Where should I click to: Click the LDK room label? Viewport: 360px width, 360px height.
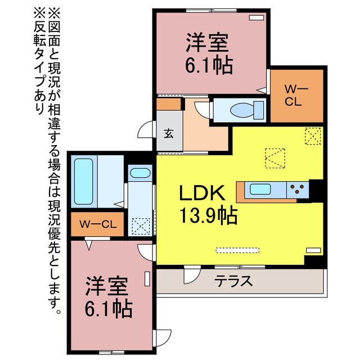point(202,193)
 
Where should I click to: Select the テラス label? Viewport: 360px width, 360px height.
point(232,281)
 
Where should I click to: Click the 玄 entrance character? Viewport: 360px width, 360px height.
point(169,133)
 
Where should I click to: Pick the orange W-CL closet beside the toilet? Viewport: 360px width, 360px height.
point(297,95)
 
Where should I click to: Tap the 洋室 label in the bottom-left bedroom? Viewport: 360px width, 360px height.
point(107,286)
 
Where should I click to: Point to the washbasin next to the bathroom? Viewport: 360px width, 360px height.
point(139,174)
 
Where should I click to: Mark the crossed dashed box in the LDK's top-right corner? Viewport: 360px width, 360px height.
point(313,136)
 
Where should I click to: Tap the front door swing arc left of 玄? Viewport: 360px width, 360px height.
point(146,129)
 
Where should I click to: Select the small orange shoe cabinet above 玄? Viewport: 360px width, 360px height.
point(168,104)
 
